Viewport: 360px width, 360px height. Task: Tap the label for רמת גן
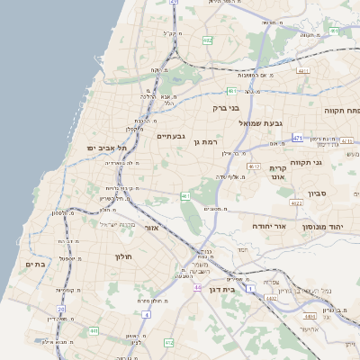[x=204, y=142]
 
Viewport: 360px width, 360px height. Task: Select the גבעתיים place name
[x=171, y=136]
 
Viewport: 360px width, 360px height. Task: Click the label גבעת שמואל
[x=261, y=122]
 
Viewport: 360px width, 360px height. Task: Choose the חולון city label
[x=123, y=257]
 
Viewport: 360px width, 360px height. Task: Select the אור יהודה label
[x=268, y=226]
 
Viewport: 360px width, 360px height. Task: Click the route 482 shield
[x=208, y=40]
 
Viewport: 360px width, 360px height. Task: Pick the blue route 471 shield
[x=297, y=139]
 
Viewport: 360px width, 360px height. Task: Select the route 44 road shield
[x=197, y=287]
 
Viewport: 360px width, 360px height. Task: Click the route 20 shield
[x=61, y=309]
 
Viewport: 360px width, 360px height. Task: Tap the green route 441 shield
[x=94, y=331]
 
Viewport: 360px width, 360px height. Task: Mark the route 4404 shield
[x=310, y=316]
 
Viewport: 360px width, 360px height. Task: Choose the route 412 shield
[x=168, y=343]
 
